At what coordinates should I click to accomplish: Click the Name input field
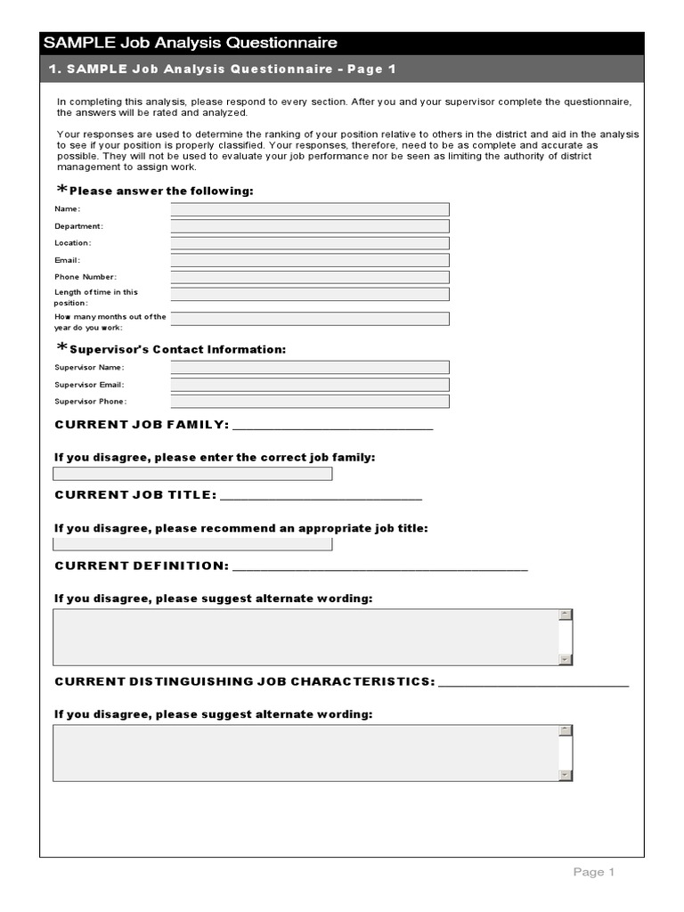(x=310, y=209)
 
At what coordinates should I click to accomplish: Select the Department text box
(x=310, y=226)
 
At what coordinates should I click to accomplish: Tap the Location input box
(x=310, y=243)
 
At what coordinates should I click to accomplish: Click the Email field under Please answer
(x=310, y=260)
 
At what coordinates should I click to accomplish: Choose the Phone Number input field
(x=310, y=277)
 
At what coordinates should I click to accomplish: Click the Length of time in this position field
(x=310, y=294)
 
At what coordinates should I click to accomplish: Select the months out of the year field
(x=310, y=319)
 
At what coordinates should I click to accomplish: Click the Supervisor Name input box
(x=310, y=367)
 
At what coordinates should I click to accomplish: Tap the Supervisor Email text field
(x=310, y=385)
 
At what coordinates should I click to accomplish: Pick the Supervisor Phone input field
(x=310, y=402)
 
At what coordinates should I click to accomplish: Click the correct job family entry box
(x=192, y=474)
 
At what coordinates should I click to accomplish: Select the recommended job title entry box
(x=192, y=544)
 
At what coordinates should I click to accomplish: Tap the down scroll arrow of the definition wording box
(x=565, y=659)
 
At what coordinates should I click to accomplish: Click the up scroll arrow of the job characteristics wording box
(x=565, y=731)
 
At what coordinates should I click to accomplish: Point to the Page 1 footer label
(x=593, y=873)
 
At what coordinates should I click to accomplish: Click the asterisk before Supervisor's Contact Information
(x=61, y=348)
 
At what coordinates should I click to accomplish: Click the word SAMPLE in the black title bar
(x=73, y=43)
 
